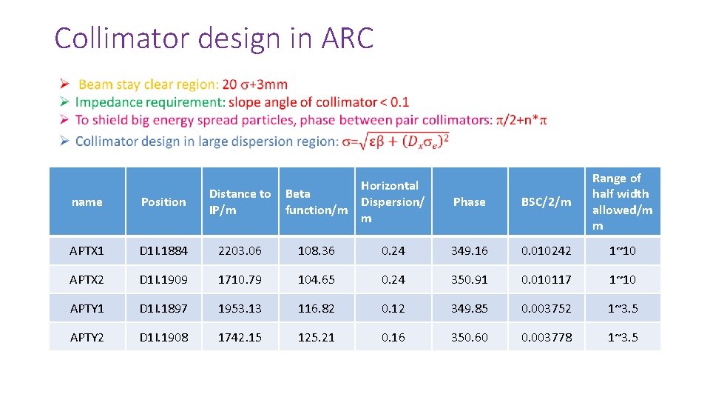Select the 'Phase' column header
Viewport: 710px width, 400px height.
pyautogui.click(x=469, y=201)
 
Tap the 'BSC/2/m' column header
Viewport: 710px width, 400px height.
pyautogui.click(x=546, y=201)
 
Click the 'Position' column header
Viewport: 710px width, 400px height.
pyautogui.click(x=163, y=201)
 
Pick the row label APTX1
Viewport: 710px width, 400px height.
pyautogui.click(x=87, y=251)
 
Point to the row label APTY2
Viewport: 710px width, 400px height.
pyautogui.click(x=87, y=337)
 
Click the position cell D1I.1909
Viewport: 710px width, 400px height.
pyautogui.click(x=163, y=280)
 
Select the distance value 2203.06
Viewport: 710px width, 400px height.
pyautogui.click(x=240, y=251)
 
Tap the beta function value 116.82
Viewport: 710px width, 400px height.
pyautogui.click(x=316, y=308)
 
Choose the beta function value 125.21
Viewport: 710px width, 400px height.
pyautogui.click(x=316, y=337)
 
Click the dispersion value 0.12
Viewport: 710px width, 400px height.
pyautogui.click(x=393, y=308)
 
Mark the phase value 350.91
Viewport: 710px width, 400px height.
pyautogui.click(x=469, y=280)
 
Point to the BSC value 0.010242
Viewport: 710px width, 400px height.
pyautogui.click(x=546, y=251)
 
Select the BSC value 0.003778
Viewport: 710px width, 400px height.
pyautogui.click(x=546, y=337)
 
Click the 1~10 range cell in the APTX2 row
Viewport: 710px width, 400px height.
pyautogui.click(x=622, y=280)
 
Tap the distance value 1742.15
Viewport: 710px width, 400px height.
pyautogui.click(x=240, y=337)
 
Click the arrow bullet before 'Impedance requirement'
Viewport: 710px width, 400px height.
pyautogui.click(x=64, y=102)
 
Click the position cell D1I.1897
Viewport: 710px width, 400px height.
pyautogui.click(x=163, y=308)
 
